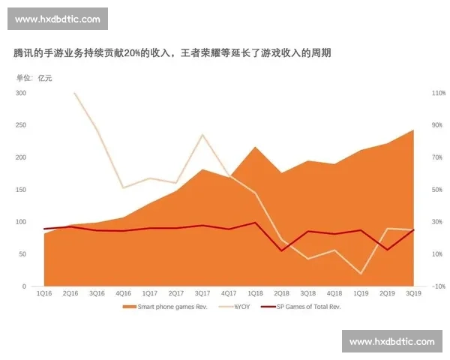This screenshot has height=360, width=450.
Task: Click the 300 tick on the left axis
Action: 20,93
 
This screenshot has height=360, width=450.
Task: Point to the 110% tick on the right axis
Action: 418,93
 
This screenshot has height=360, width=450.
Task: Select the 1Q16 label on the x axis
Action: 44,293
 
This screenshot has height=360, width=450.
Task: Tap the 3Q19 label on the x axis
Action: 413,293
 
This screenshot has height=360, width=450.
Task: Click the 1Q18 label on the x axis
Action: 255,293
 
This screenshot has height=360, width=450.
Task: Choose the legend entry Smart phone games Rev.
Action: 166,307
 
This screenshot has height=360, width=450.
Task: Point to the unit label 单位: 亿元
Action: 35,77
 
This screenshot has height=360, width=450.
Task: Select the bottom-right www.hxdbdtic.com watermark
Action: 392,342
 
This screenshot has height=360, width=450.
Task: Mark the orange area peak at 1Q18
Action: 255,147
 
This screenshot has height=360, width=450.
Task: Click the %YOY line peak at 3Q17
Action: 202,135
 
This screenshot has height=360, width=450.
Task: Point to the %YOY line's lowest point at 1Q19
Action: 361,274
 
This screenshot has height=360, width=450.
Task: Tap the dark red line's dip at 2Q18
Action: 281,250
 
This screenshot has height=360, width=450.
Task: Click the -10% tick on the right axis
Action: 418,286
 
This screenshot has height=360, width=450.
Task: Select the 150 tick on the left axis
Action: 20,190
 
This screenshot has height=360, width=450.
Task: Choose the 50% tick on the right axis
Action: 418,190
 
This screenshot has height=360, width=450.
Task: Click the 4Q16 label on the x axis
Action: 123,293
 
